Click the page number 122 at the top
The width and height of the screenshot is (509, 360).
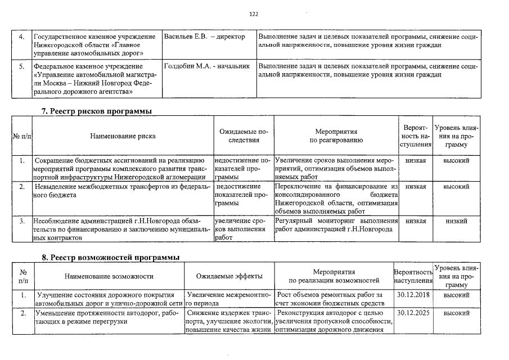pyautogui.click(x=253, y=14)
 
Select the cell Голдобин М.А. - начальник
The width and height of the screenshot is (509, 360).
pyautogui.click(x=206, y=66)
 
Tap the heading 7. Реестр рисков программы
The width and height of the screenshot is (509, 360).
pyautogui.click(x=97, y=111)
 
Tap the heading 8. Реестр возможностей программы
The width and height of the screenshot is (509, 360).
pyautogui.click(x=111, y=257)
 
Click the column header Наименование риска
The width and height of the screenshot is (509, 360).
pyautogui.click(x=123, y=136)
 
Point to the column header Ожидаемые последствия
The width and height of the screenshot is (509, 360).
pyautogui.click(x=244, y=136)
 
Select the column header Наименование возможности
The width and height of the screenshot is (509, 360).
pyautogui.click(x=109, y=276)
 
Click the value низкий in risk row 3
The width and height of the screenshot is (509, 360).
pyautogui.click(x=456, y=221)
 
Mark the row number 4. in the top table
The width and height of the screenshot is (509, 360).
pyautogui.click(x=21, y=37)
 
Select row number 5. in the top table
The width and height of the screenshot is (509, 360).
pyautogui.click(x=21, y=66)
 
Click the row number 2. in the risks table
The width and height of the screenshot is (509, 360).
pyautogui.click(x=21, y=186)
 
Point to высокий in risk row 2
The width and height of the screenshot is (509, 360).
pyautogui.click(x=456, y=186)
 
